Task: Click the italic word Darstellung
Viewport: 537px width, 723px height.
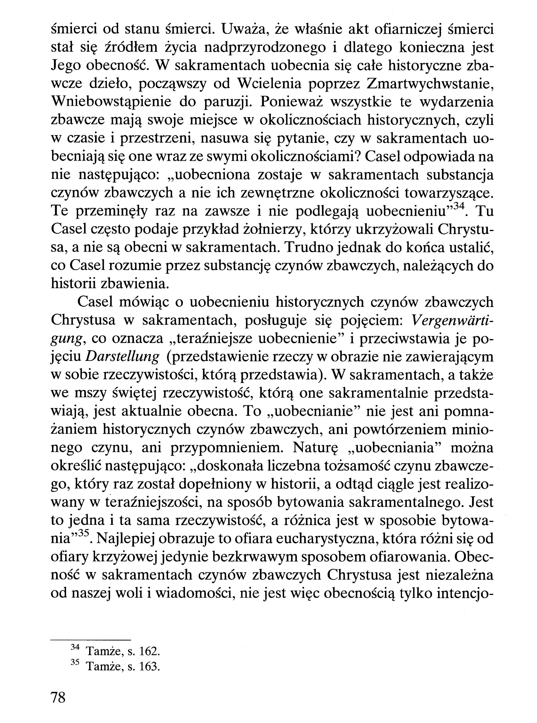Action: [122, 357]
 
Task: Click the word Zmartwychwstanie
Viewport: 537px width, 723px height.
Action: [430, 85]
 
